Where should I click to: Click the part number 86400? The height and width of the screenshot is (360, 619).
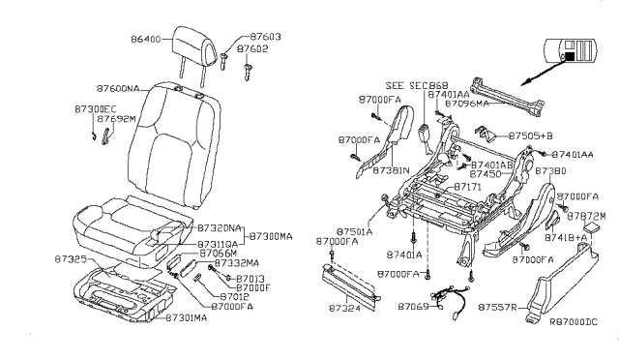[149, 42]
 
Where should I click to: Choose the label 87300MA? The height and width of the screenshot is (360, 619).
[272, 235]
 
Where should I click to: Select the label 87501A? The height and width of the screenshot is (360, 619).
[356, 231]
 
